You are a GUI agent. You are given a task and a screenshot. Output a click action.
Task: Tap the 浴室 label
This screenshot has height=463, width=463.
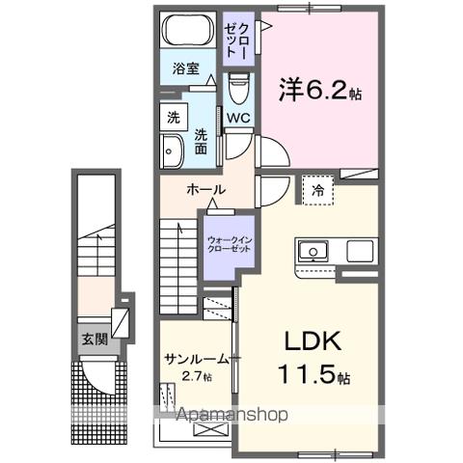pos(186,68)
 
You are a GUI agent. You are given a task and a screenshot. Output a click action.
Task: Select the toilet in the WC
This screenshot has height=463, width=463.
pos(237,91)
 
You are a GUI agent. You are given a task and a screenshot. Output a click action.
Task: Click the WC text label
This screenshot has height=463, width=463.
pos(239,119)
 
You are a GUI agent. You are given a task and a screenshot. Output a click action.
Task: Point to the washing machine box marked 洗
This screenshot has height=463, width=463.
pos(173,118)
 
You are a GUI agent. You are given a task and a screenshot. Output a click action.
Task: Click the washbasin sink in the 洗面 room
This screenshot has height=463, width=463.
pos(174,151)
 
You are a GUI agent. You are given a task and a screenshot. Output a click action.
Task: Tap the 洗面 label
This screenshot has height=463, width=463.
pos(202,143)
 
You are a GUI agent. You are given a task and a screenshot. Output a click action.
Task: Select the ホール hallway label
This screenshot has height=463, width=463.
pos(205,189)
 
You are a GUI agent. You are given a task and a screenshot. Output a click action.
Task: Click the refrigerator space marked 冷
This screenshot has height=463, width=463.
pos(317,190)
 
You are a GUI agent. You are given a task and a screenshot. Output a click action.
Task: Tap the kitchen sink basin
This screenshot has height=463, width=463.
pos(314,252)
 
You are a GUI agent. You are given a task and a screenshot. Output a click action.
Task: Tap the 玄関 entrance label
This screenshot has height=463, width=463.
pos(94,339)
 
